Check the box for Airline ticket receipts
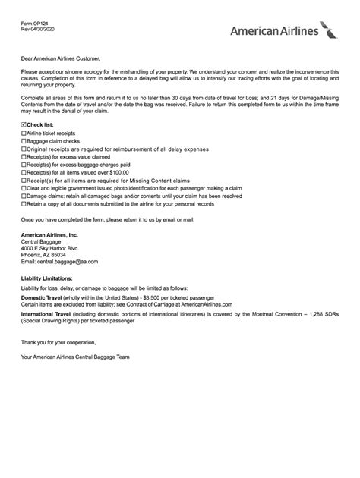[24, 132]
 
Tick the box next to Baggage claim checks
[24, 141]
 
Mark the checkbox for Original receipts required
[24, 150]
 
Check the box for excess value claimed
[24, 159]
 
